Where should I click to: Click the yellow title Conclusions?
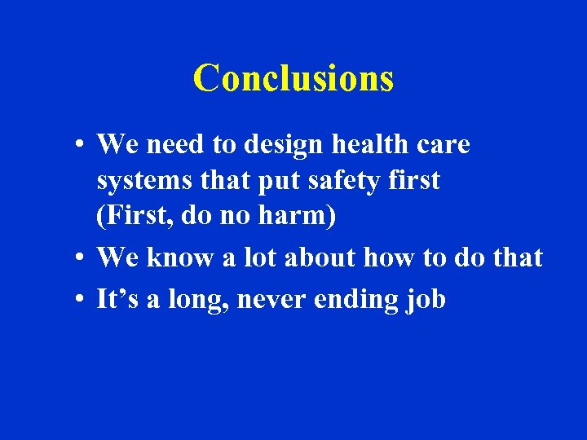(x=293, y=78)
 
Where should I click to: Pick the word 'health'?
(x=356, y=145)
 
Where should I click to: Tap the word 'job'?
(x=426, y=301)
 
